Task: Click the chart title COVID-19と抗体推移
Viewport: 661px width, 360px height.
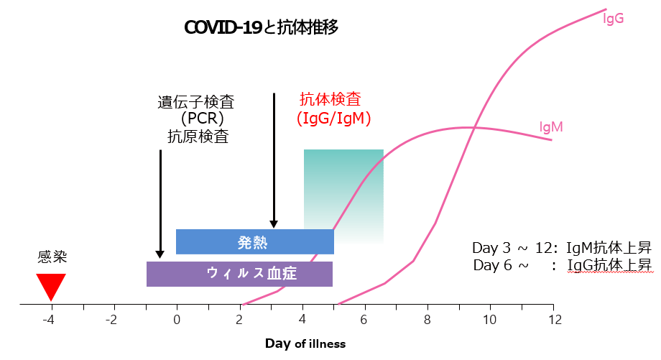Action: tap(261, 27)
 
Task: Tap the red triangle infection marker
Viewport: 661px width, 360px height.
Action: tap(51, 285)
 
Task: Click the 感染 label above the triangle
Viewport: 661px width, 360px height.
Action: tap(52, 257)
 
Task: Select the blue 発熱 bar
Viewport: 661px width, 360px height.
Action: tap(254, 242)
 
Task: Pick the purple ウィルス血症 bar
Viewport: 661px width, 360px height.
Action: tap(239, 274)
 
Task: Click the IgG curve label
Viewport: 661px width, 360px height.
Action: tap(614, 19)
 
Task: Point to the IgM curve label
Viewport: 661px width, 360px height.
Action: tap(551, 127)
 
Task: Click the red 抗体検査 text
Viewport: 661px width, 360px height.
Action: tap(330, 99)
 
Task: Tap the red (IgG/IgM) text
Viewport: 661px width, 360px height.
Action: tap(334, 119)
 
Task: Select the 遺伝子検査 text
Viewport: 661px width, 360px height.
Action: tap(196, 102)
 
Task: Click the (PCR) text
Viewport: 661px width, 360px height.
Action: tap(203, 119)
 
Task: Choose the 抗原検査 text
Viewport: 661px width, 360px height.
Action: tap(198, 136)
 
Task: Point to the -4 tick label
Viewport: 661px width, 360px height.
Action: tap(48, 320)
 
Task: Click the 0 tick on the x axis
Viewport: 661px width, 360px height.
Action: tap(177, 320)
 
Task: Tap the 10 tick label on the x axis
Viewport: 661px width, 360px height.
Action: tap(490, 320)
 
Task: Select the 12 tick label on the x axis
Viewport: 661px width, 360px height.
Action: tap(555, 320)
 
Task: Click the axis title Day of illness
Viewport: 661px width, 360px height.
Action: tap(305, 344)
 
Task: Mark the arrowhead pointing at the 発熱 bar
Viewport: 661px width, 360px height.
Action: tap(274, 224)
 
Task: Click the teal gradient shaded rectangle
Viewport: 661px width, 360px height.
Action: tap(343, 196)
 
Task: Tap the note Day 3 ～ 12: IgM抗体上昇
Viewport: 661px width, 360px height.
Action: tap(562, 248)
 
